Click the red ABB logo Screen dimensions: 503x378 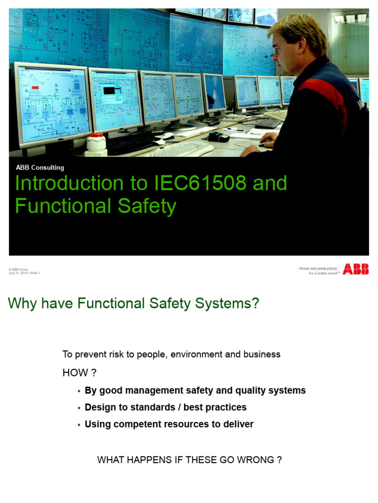[355, 269]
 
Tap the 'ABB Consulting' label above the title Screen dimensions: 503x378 [40, 168]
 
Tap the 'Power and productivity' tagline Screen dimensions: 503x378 [318, 269]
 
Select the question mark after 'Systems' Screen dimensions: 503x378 [254, 304]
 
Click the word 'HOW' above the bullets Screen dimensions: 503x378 [72, 373]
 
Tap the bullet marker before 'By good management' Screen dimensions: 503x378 [79, 391]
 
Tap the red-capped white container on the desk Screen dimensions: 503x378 [96, 144]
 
